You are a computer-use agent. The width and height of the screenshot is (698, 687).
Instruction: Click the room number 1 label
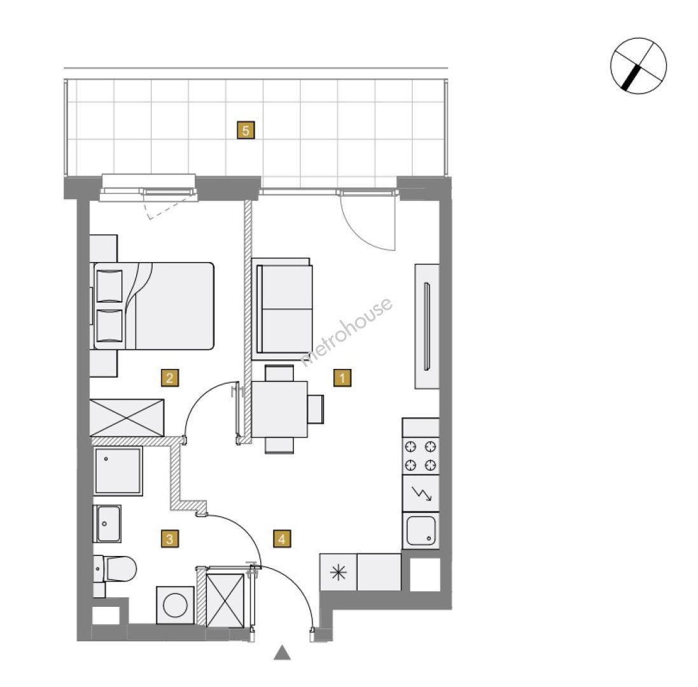tap(342, 378)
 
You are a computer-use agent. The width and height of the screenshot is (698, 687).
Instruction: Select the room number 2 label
tap(170, 378)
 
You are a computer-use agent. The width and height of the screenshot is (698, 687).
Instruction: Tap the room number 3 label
tap(170, 539)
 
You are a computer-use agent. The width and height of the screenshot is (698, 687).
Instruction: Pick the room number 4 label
tap(282, 539)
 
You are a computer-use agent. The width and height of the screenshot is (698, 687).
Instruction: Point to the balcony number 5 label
tap(246, 130)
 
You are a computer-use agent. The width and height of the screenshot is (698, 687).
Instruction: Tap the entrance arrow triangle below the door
tap(282, 653)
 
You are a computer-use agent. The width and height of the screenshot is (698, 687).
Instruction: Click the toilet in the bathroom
tap(115, 569)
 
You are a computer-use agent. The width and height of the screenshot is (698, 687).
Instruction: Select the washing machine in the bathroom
tap(176, 605)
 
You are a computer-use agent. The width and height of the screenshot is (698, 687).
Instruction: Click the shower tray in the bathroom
tap(118, 471)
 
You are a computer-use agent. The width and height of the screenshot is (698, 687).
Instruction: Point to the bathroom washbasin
tap(108, 524)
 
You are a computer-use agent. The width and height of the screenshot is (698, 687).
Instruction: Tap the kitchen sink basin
tap(421, 531)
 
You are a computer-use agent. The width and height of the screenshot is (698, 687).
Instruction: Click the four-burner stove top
tap(421, 455)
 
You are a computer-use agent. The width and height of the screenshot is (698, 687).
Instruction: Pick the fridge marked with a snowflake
tap(339, 572)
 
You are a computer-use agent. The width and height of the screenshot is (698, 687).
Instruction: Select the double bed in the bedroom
tap(152, 306)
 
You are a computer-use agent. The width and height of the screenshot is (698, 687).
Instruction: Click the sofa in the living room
tap(282, 309)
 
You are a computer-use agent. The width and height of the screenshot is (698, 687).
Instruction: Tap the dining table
tap(279, 410)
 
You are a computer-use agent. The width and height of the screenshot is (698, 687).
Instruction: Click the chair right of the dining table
tap(316, 409)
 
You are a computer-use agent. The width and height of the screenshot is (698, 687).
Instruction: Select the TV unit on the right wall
tap(427, 326)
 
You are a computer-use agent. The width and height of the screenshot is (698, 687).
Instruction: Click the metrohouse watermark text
tap(347, 331)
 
